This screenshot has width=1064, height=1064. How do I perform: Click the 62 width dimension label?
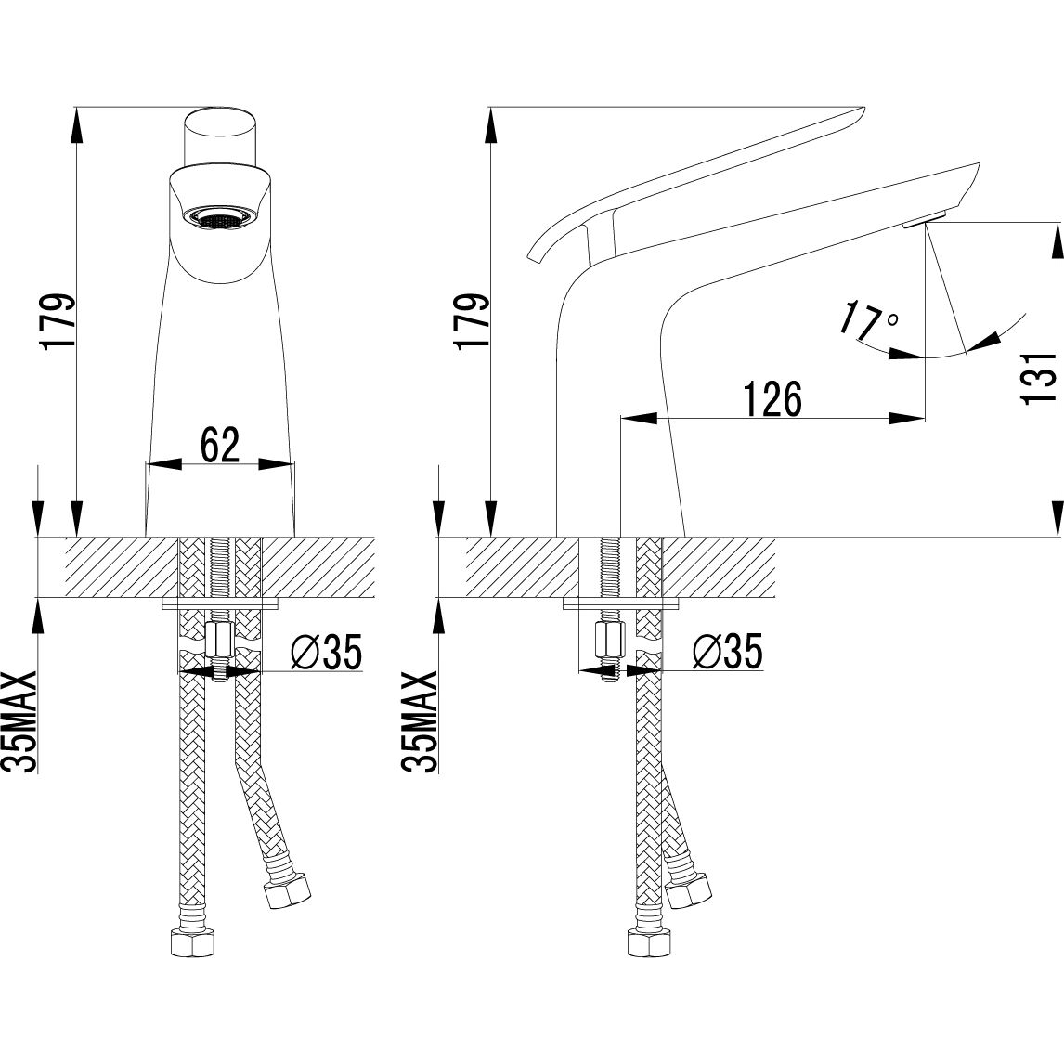221,445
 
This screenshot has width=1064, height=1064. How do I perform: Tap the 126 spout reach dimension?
772,399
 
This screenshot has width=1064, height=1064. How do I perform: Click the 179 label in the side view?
473,321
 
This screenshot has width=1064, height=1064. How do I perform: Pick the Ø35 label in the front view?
327,652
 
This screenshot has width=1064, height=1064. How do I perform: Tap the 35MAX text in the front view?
19,720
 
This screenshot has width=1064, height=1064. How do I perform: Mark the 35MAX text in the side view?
419,720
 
